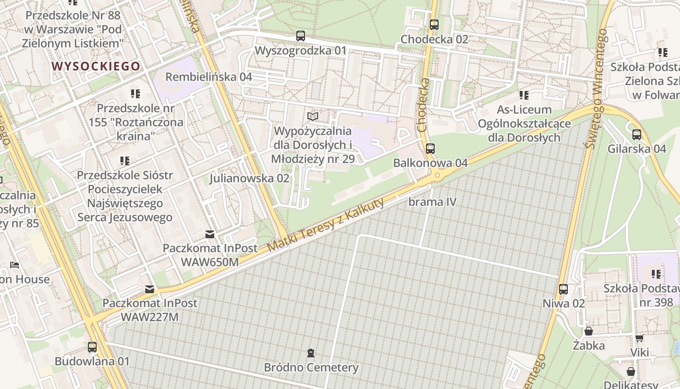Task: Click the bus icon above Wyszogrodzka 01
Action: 301,35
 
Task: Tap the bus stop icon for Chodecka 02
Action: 434,24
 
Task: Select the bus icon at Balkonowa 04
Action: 430,148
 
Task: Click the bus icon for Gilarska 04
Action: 637,134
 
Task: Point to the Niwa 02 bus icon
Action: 563,289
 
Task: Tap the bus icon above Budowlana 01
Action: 92,347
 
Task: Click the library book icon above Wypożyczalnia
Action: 313,117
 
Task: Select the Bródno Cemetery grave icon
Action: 311,353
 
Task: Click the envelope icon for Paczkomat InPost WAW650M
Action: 210,234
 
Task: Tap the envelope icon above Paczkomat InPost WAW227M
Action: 149,289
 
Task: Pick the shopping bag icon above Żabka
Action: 589,332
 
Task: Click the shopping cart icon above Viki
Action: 639,338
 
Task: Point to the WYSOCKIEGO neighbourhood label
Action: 96,66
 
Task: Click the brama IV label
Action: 433,201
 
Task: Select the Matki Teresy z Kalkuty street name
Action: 326,225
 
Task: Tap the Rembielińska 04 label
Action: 209,77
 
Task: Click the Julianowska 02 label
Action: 249,178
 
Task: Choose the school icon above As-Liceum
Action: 524,95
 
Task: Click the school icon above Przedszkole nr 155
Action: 135,93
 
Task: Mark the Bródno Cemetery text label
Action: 311,368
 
